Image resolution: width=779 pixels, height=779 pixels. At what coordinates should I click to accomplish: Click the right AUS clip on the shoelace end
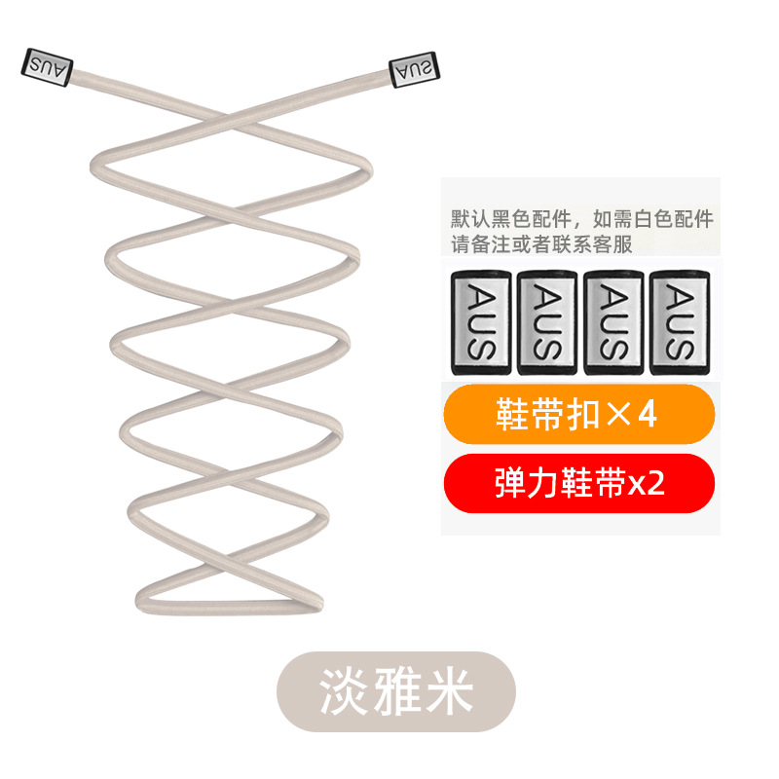coord(415,70)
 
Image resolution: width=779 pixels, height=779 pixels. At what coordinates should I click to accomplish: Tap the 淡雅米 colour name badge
coord(395,692)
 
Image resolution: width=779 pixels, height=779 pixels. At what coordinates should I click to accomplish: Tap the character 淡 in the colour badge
coord(344,692)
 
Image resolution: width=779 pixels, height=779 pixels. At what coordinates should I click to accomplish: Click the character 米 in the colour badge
coord(448,692)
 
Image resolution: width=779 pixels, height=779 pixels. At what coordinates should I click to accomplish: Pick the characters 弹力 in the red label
coord(529,484)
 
